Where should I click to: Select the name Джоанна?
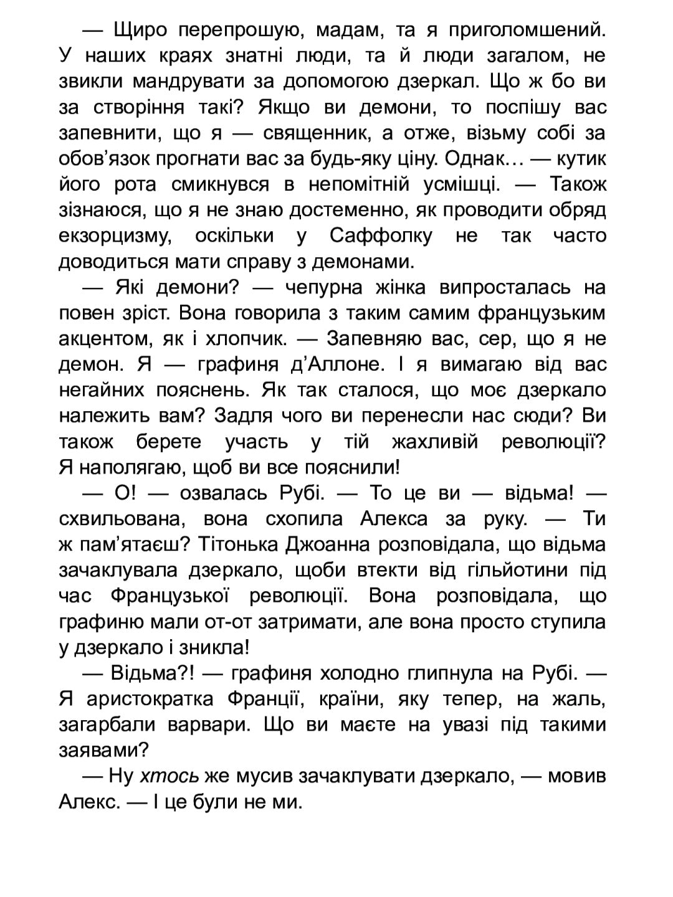(324, 544)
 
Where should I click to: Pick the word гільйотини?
(504, 570)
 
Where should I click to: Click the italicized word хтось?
(169, 776)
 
